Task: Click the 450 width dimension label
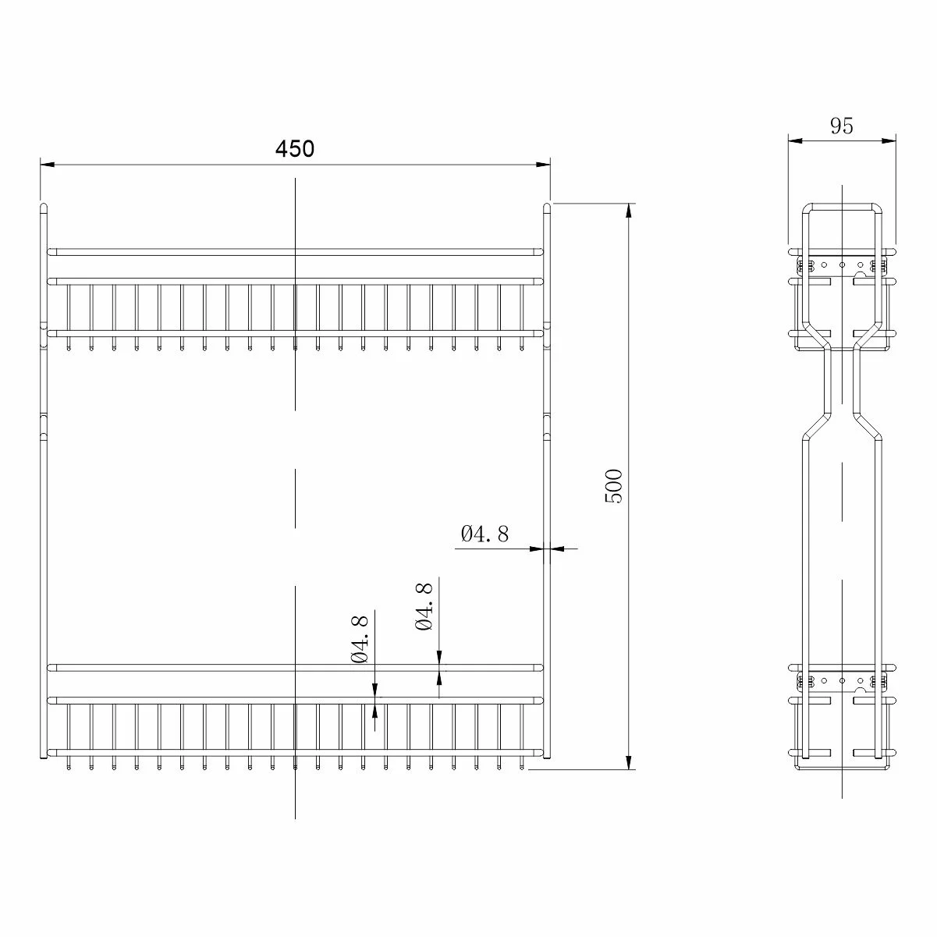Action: tap(295, 149)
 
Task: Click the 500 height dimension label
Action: tap(614, 486)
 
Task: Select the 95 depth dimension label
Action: tap(841, 126)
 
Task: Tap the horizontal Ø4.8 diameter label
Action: tap(484, 534)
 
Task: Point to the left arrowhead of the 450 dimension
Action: tap(47, 165)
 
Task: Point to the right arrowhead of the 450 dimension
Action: tap(544, 165)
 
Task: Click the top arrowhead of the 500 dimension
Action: tap(629, 210)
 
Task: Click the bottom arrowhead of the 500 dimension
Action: tap(629, 763)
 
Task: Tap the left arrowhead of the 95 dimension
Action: tap(794, 141)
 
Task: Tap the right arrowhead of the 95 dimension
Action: tap(889, 141)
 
